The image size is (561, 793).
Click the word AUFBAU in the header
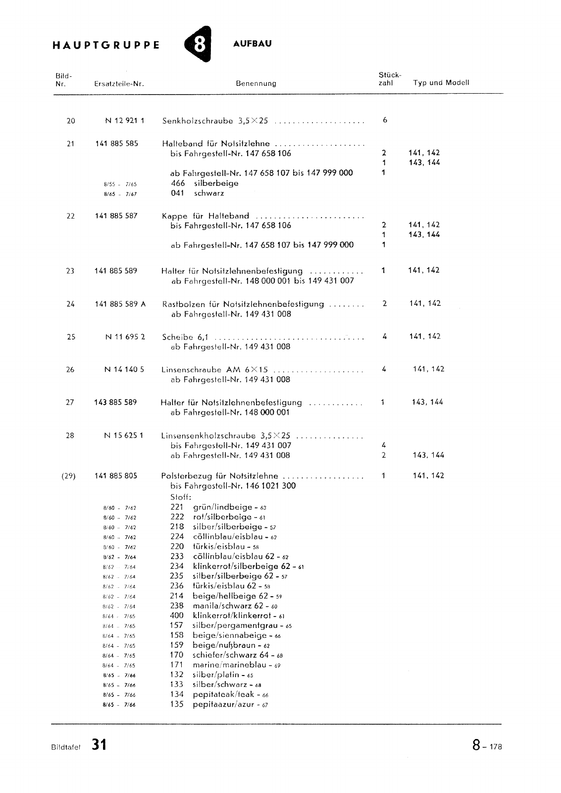252,44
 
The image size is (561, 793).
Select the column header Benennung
256,84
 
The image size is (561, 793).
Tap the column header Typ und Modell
441,83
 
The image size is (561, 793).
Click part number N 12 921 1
124,121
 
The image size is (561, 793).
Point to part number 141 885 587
116,216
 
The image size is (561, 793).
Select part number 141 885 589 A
120,304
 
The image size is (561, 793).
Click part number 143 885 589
115,402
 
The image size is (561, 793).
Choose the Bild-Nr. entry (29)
68,476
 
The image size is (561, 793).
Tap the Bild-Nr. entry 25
71,337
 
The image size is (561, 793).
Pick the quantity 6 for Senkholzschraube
385,120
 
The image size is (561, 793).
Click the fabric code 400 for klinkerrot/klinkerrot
177,616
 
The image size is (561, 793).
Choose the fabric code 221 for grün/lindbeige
177,507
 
